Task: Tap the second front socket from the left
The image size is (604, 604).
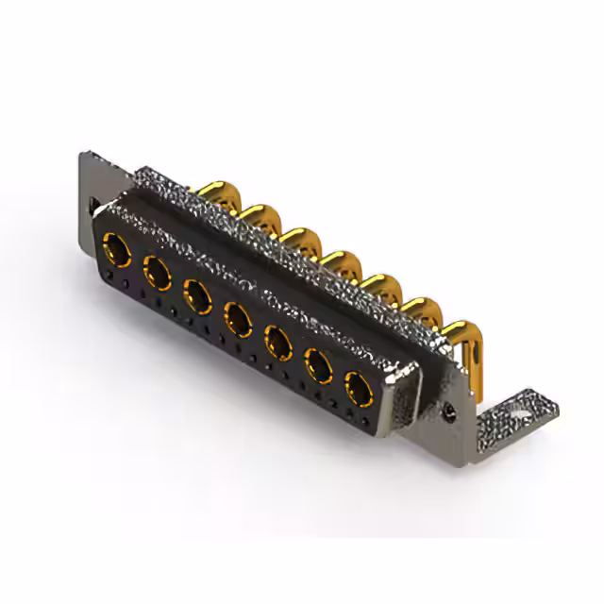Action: tap(157, 274)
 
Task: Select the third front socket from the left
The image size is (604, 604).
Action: tap(196, 295)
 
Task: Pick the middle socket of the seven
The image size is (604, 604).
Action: tap(237, 318)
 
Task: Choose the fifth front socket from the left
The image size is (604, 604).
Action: tap(277, 340)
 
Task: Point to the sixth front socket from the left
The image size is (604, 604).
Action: tap(318, 363)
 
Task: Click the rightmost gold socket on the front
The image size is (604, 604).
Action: tap(358, 386)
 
